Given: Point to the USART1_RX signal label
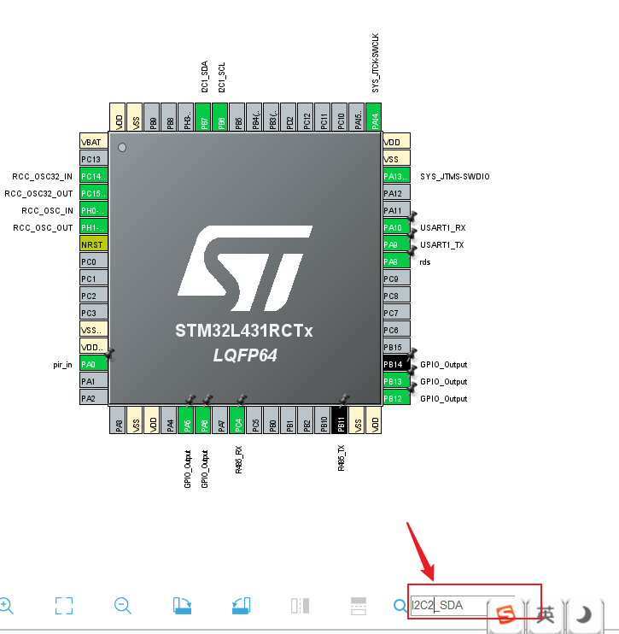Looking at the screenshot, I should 442,228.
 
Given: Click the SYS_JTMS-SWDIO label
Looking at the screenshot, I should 455,177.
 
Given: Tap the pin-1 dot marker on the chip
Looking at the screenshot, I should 122,148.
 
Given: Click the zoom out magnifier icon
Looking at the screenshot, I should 122,606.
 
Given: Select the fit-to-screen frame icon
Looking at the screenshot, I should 64,606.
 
